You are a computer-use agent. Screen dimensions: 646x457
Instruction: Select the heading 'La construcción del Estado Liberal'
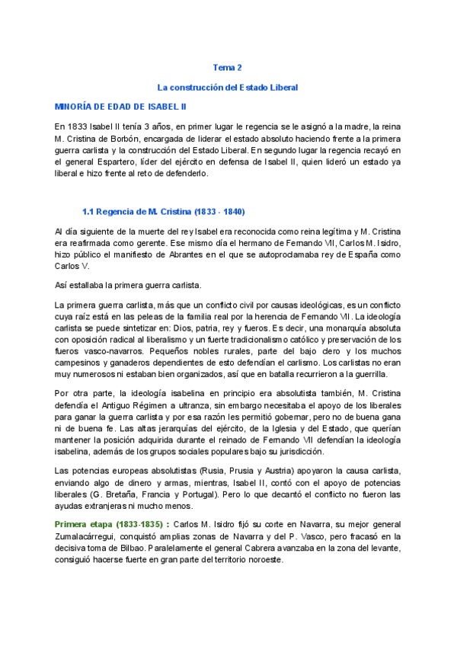point(227,88)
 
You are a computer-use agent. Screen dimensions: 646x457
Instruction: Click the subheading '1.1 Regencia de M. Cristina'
point(163,211)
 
